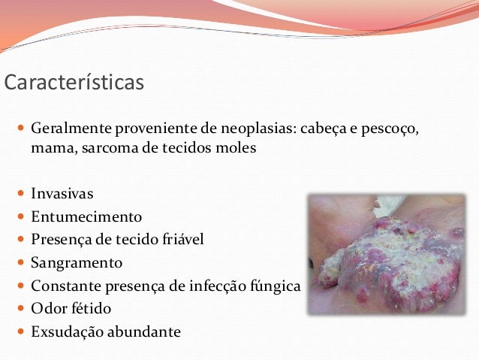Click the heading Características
[x=74, y=82]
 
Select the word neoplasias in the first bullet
[x=255, y=129]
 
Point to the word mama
[x=50, y=148]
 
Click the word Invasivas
[x=62, y=194]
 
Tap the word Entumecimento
[x=86, y=217]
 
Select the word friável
[x=178, y=240]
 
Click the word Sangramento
[x=76, y=263]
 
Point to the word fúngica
[x=273, y=286]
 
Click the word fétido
[x=97, y=309]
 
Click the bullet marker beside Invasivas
[x=21, y=195]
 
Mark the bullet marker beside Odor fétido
[x=21, y=309]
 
